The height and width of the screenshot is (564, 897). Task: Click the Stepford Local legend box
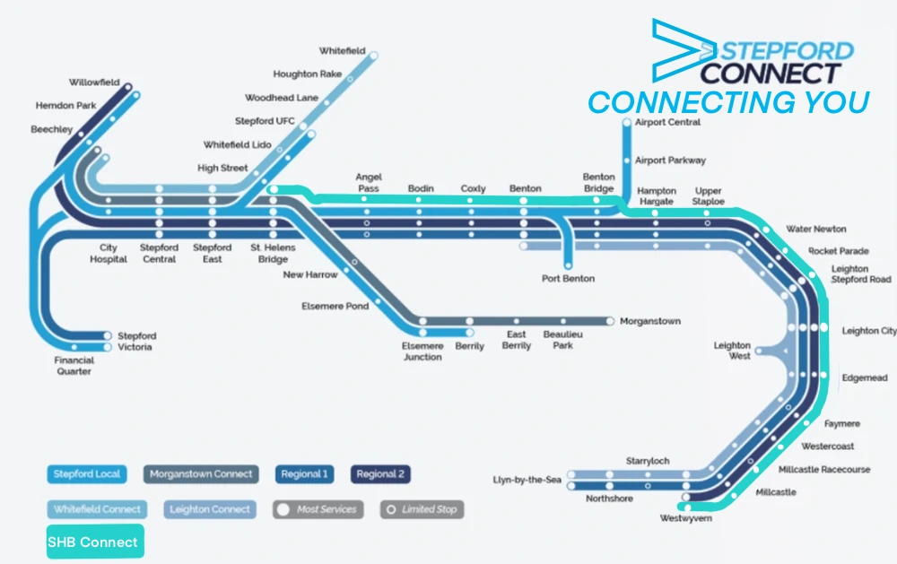pos(85,474)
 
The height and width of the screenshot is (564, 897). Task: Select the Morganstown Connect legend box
pos(201,474)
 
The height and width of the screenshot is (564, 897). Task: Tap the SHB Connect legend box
pos(94,542)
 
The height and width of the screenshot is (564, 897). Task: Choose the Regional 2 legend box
pos(380,474)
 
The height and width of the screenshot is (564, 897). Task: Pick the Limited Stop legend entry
pos(422,509)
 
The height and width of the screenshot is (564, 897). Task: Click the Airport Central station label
pos(667,122)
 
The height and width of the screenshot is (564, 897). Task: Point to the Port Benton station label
pos(568,279)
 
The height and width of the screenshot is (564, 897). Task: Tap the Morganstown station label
pos(650,321)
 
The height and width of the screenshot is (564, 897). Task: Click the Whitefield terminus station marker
pos(374,56)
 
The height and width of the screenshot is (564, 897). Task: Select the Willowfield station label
pos(94,82)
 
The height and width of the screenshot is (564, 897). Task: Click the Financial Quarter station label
pos(74,366)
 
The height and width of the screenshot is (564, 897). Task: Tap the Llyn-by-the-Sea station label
pos(527,481)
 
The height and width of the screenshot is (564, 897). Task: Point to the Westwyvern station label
pos(686,518)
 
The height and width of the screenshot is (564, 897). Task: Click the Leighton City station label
pos(868,331)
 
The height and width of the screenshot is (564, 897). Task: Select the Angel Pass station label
pos(369,183)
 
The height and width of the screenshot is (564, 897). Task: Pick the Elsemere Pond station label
pos(335,307)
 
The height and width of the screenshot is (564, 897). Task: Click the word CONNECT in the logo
pos(771,73)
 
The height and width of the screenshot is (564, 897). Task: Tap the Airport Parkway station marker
pos(627,161)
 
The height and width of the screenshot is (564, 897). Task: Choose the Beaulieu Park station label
pos(562,340)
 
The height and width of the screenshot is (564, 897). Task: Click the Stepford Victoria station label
pos(135,342)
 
